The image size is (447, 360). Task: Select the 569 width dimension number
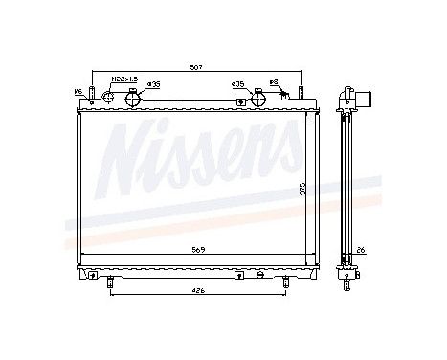pos(196,249)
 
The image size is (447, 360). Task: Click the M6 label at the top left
pos(78,90)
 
